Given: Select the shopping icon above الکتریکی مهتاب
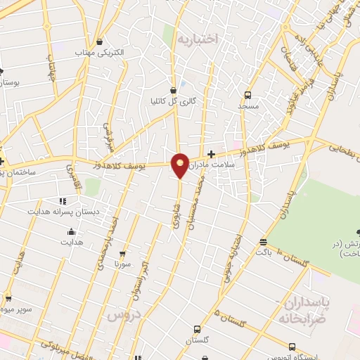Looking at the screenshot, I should click(x=100, y=41).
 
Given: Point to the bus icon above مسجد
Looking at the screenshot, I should click(x=247, y=95).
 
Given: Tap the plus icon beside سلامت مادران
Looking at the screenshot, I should click(x=211, y=154).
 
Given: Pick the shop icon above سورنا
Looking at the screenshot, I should click(x=122, y=253).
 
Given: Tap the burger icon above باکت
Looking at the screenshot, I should click(x=263, y=240).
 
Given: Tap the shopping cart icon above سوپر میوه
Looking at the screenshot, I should click(x=7, y=297).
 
